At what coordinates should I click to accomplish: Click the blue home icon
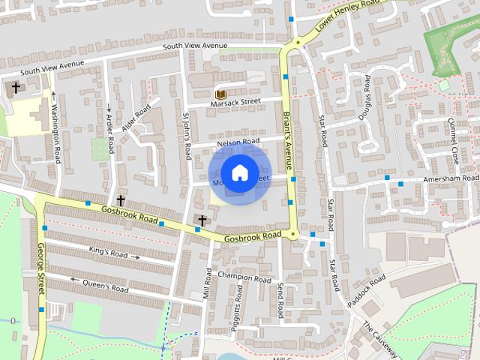click(x=239, y=173)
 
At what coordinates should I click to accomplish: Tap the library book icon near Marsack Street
click(x=220, y=94)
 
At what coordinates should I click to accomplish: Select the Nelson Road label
click(x=238, y=141)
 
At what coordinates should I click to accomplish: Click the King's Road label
click(x=109, y=251)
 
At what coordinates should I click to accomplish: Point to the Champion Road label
click(x=244, y=277)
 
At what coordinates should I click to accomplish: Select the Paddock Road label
click(x=367, y=291)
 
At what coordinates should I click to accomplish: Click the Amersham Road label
click(x=449, y=179)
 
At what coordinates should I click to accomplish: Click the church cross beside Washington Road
click(x=16, y=88)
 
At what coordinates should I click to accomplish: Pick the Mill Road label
click(x=208, y=281)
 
